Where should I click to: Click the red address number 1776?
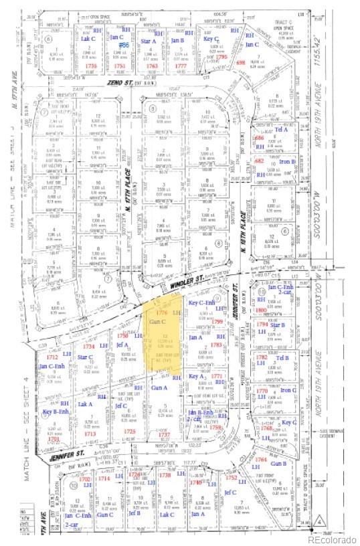click(161, 312)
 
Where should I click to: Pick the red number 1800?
click(262, 310)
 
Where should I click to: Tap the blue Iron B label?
click(288, 162)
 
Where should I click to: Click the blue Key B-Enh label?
click(57, 412)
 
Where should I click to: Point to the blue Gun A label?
click(159, 387)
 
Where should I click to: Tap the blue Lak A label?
click(85, 404)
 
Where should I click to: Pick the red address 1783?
click(217, 345)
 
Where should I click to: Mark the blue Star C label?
click(85, 357)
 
